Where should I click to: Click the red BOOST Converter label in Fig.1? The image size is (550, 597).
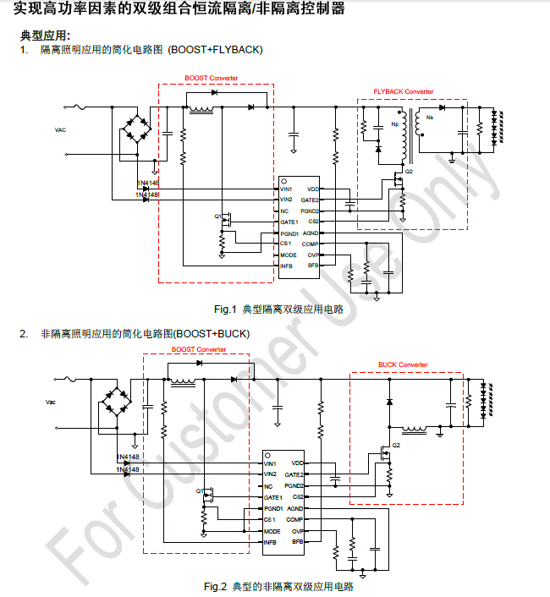pos(212,78)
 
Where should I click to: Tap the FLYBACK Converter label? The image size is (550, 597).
pos(403,91)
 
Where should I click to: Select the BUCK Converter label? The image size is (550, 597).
pos(403,364)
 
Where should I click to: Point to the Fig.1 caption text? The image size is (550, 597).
pos(278,309)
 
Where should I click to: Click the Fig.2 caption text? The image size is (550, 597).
pos(278,586)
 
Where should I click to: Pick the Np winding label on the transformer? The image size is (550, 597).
pos(394,125)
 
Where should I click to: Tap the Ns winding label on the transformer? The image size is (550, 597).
pos(430,117)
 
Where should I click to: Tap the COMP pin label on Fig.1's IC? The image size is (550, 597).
pos(311,244)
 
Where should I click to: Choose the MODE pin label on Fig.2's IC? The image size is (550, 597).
pos(272,530)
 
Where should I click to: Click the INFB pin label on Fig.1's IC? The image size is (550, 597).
pos(287,266)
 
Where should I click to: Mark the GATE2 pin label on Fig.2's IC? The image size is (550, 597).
pos(294,474)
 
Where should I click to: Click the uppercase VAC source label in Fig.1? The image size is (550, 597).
pos(60,129)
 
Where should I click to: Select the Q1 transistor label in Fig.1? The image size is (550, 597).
pos(217,216)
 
